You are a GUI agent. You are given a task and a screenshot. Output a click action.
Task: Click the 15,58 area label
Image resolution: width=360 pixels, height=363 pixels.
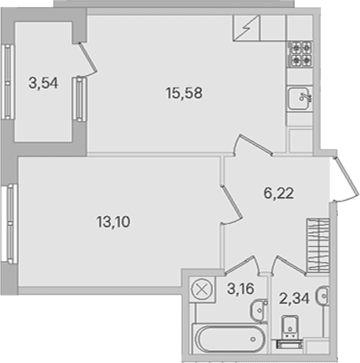click(x=184, y=93)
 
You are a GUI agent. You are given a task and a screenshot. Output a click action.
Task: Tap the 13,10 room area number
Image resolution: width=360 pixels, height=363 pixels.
click(x=113, y=221)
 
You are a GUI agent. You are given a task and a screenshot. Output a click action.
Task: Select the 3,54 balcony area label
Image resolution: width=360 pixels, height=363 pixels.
click(x=44, y=83)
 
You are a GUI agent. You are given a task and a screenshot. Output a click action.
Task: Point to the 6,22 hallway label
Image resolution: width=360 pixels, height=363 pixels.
click(x=279, y=193)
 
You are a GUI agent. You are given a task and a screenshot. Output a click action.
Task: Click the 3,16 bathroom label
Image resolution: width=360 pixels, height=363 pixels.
click(x=241, y=289)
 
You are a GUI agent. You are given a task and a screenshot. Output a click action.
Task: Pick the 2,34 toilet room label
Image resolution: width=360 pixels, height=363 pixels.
click(x=294, y=299)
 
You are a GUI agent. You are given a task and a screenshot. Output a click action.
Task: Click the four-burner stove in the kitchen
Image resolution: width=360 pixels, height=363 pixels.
click(x=300, y=54)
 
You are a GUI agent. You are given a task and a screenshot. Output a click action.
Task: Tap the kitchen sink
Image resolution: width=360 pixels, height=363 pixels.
click(x=299, y=98)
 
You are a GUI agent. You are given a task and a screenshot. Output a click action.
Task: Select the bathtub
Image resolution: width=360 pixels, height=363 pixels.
click(x=228, y=339)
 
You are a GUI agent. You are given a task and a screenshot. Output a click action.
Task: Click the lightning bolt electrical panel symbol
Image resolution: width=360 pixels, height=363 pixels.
click(x=247, y=28)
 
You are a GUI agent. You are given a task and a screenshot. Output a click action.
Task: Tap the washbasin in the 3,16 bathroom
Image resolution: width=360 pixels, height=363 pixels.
click(x=258, y=310)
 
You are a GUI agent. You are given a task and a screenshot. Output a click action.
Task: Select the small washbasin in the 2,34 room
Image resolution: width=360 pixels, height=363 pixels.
click(x=322, y=296)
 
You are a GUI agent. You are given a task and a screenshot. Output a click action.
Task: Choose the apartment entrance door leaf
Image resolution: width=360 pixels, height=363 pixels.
click(x=346, y=177)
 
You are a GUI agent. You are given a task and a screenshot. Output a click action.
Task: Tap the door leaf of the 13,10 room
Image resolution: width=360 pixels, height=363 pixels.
click(x=231, y=202)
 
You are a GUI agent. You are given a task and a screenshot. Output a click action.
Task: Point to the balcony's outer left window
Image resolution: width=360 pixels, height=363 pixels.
click(x=8, y=82)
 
